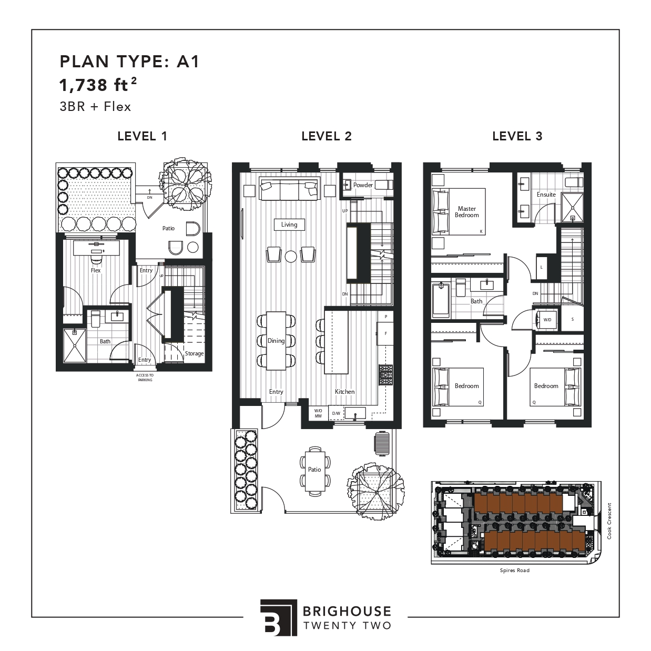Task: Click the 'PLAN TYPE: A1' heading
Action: click(x=130, y=62)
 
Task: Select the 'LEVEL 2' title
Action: click(x=326, y=136)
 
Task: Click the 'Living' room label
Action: click(x=289, y=225)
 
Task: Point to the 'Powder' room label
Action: click(x=363, y=185)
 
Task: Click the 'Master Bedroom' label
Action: click(x=466, y=212)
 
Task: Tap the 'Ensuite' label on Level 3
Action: click(x=546, y=195)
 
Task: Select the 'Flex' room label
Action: click(x=95, y=270)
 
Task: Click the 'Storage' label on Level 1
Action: click(x=194, y=353)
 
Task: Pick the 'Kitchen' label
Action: click(x=345, y=392)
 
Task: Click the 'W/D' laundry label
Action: click(x=547, y=320)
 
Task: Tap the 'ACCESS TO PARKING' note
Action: click(x=145, y=378)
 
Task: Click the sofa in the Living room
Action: click(x=289, y=189)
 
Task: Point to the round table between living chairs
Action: click(x=291, y=256)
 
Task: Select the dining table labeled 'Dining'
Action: click(x=276, y=341)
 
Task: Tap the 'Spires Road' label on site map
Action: click(x=514, y=570)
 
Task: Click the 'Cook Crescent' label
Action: click(x=609, y=521)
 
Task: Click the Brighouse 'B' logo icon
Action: click(x=278, y=617)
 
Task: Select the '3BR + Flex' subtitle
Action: click(x=95, y=106)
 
